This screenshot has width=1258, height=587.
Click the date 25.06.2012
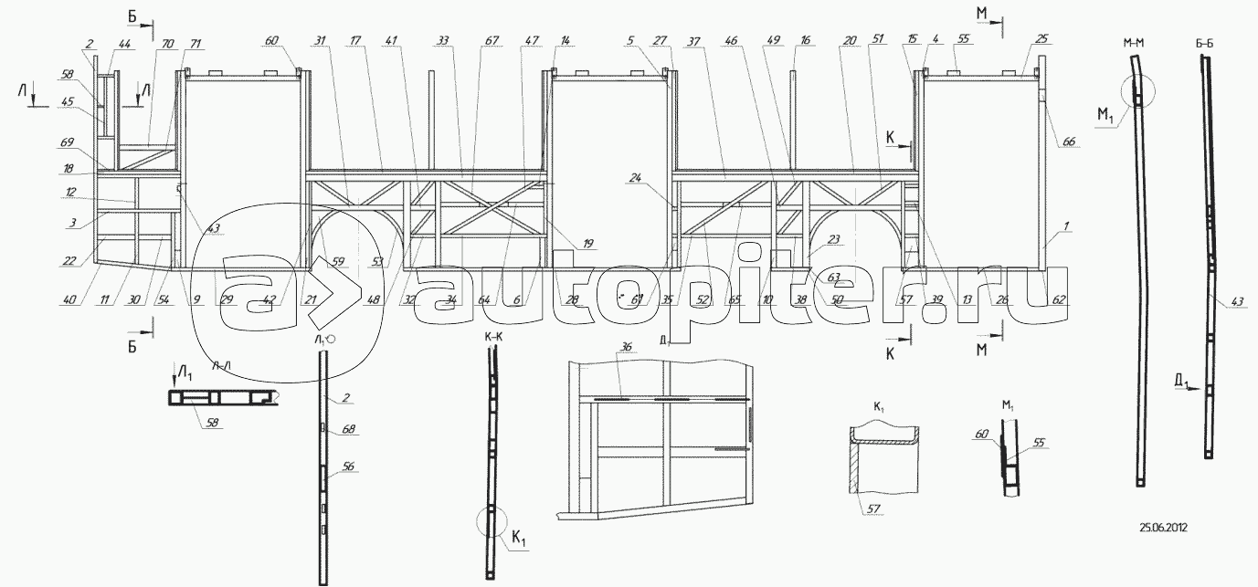1163,527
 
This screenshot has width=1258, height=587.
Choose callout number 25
1043,41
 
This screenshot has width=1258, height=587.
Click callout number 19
588,244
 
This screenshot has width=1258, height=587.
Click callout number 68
348,428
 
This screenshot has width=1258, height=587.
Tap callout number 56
348,466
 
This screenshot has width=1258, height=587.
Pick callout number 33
444,41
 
